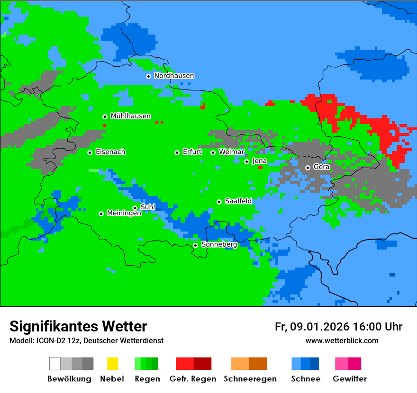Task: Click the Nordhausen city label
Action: click(174, 76)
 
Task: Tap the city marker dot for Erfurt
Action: click(177, 152)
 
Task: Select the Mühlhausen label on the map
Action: click(130, 116)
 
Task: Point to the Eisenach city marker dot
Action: click(90, 152)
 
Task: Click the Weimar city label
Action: click(231, 152)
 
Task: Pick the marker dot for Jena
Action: click(246, 161)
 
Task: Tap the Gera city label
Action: click(321, 167)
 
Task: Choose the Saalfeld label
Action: click(238, 201)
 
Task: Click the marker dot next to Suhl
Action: click(135, 208)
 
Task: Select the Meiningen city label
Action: click(124, 214)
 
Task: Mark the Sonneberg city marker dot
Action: click(195, 245)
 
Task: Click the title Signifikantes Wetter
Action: click(78, 327)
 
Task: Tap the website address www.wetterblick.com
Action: click(342, 341)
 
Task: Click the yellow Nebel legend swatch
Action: click(112, 364)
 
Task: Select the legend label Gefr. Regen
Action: click(193, 379)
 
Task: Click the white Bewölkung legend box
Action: click(55, 364)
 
